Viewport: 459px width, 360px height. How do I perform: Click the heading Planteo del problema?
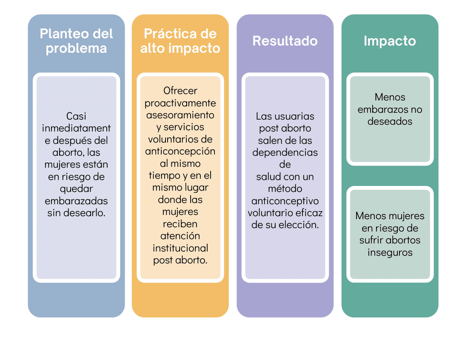click(76, 41)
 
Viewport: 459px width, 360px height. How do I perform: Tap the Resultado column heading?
click(285, 41)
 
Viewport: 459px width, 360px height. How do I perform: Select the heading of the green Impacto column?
click(390, 41)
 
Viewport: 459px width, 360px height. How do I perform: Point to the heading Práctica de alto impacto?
click(180, 41)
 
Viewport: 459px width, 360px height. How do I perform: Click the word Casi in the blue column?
click(76, 116)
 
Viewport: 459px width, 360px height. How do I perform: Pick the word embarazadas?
click(76, 201)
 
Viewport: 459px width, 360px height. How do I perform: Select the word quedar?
click(76, 189)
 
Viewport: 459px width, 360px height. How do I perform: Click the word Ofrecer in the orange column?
click(180, 91)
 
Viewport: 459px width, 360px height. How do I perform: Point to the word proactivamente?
click(180, 103)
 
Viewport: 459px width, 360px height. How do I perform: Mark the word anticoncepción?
click(180, 151)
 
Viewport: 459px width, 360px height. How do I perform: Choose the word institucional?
click(180, 248)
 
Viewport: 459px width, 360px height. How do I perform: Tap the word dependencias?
click(285, 153)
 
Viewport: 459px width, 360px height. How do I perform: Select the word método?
click(285, 189)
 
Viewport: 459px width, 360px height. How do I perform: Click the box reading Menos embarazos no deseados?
click(390, 119)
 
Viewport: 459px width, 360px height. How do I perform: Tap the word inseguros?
click(390, 252)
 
